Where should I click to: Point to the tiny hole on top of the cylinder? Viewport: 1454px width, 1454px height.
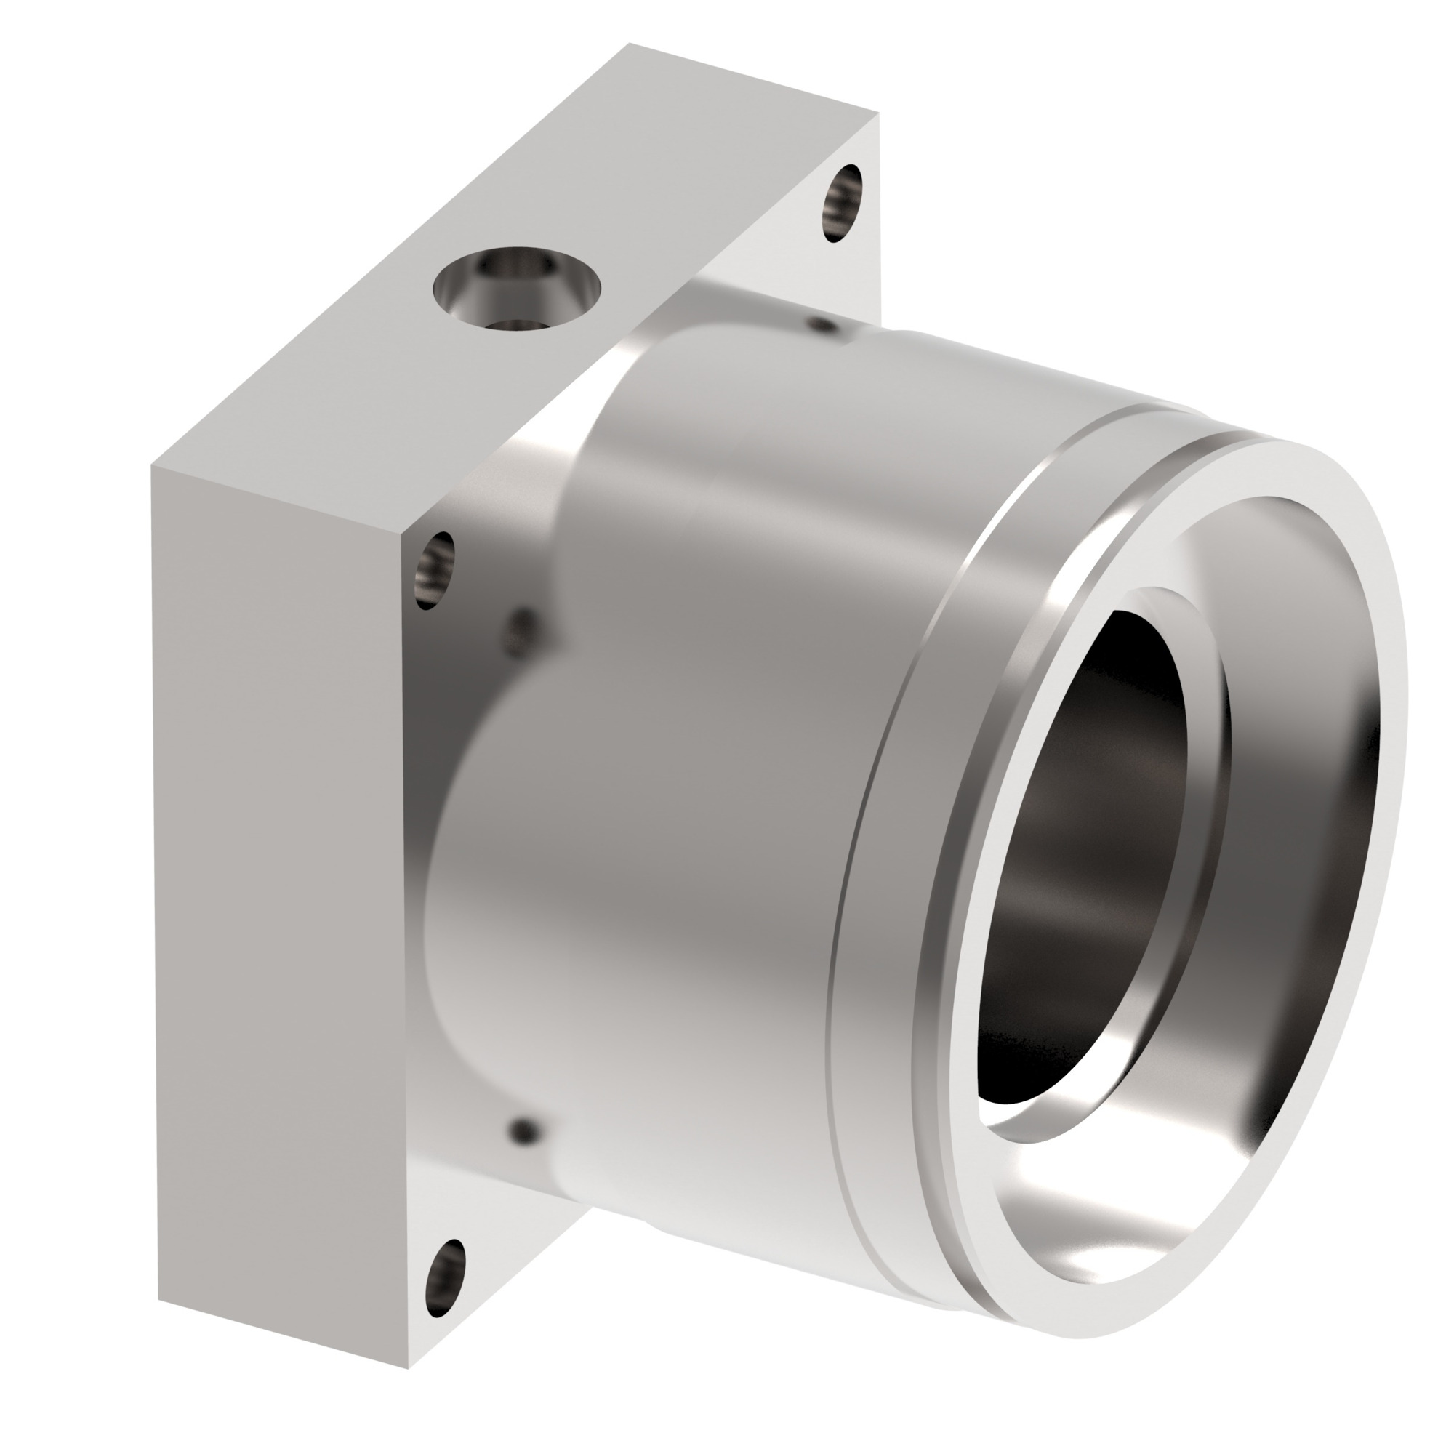click(824, 325)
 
